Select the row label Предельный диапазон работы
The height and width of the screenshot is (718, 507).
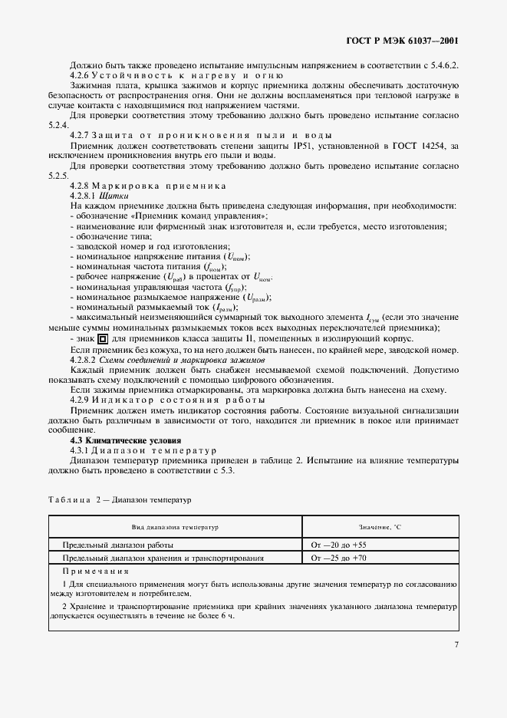tap(117, 545)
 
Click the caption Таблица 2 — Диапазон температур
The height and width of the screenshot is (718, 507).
tap(119, 499)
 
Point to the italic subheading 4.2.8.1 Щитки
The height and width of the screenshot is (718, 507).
tap(98, 196)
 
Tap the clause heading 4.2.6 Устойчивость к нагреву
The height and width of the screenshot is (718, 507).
tap(176, 75)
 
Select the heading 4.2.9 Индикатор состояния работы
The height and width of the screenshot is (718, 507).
tap(167, 400)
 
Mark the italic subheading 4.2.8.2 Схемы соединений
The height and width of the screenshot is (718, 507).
tap(167, 360)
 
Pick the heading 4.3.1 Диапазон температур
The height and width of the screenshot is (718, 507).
tap(144, 450)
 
